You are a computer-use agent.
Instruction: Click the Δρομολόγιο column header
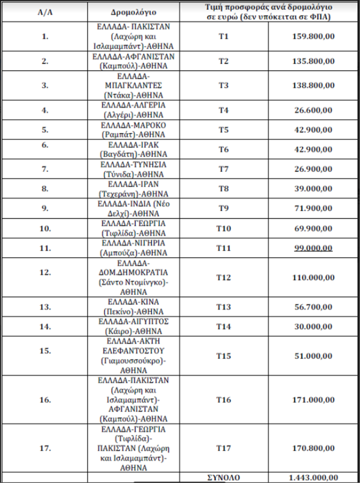click(x=134, y=12)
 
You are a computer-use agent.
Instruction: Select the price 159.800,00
click(x=313, y=36)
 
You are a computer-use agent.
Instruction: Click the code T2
click(x=224, y=61)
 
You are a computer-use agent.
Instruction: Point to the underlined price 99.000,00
click(x=313, y=248)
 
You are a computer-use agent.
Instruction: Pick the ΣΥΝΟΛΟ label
click(x=223, y=478)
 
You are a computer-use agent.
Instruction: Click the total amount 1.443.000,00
click(x=313, y=478)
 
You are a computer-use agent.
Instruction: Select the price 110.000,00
click(x=313, y=278)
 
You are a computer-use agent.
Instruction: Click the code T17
click(x=224, y=448)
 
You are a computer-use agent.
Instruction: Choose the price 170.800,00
click(x=313, y=448)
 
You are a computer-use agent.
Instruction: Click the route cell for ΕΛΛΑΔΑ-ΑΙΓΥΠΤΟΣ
click(x=134, y=327)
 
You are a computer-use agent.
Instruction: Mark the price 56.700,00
click(x=313, y=307)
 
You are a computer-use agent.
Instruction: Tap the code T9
click(x=224, y=209)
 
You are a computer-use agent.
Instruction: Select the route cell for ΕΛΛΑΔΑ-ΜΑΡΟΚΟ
click(x=134, y=130)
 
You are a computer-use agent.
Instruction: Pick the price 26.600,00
click(x=313, y=110)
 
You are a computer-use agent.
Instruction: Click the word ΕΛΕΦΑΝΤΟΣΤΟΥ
click(x=134, y=351)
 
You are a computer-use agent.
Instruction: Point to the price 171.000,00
click(x=313, y=400)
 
